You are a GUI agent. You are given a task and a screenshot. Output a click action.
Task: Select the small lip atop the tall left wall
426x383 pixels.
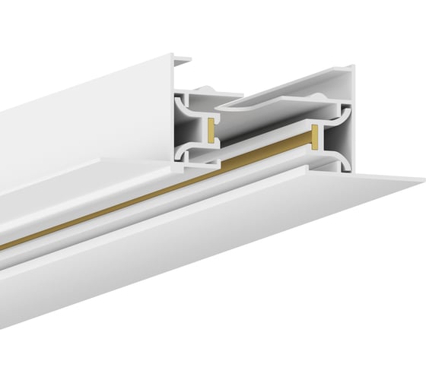point(180,58)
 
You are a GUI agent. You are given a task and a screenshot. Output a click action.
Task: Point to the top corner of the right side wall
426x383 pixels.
point(351,69)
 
